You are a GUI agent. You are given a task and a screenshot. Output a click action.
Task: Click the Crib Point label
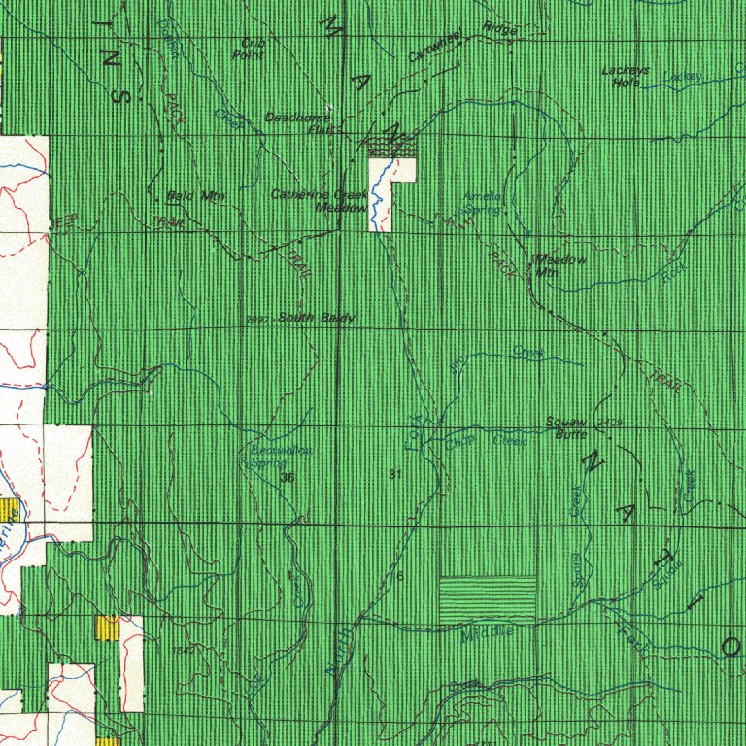(250, 49)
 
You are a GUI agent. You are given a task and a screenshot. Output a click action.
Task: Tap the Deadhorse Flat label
(298, 122)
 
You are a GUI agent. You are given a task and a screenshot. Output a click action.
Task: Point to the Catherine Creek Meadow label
(321, 200)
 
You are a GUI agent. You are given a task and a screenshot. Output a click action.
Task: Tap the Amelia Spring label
(483, 202)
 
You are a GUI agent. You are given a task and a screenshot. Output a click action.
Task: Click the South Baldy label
(316, 318)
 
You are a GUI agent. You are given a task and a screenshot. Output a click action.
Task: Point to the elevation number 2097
(257, 320)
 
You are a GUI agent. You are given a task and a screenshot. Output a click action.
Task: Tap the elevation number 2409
(610, 423)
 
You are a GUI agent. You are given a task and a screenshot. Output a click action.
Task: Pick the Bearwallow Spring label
(280, 457)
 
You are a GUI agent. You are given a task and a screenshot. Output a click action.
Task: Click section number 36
(287, 478)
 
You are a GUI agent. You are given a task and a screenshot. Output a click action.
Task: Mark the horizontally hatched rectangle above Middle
(488, 598)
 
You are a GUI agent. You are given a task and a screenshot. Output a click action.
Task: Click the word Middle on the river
(488, 634)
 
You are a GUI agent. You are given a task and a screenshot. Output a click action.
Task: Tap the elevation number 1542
(181, 650)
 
